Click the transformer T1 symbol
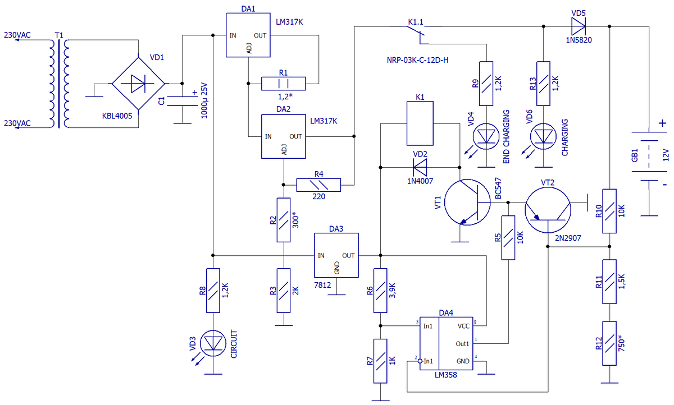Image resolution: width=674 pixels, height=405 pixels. coord(59,84)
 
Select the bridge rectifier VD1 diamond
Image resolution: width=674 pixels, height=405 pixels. coord(138,84)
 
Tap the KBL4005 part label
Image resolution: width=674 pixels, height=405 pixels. coord(117,116)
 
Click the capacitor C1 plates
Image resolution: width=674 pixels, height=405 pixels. coord(182,101)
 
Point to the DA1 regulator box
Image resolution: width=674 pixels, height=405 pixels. coord(248,35)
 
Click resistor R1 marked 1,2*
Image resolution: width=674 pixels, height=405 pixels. coord(284,84)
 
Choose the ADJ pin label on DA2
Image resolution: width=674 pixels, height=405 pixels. coord(284,150)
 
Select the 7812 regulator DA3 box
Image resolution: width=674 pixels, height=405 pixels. coord(336,255)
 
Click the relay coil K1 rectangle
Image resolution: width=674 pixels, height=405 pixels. coord(420,123)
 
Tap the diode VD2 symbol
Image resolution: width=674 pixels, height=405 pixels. coord(420,167)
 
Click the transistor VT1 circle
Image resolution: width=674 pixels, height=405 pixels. coord(467,202)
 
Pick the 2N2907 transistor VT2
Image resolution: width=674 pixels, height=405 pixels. coord(548,210)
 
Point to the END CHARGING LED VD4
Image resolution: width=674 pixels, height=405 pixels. coord(486,136)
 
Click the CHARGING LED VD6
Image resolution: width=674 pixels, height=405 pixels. coord(543,136)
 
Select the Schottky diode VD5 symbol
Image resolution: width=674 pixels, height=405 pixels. coord(579,26)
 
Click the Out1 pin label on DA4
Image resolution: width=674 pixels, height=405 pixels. coord(462,344)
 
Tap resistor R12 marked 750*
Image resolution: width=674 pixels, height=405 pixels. coord(609,343)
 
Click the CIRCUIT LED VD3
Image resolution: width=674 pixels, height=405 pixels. coord(213,343)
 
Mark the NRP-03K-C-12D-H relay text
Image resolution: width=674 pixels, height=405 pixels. coord(418,60)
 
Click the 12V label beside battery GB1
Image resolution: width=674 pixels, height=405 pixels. coord(666,155)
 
